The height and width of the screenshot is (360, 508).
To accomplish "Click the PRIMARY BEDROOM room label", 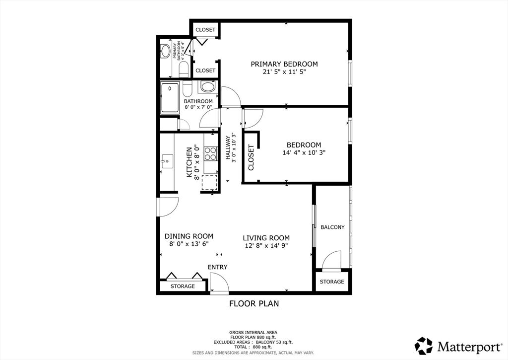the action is (284, 64).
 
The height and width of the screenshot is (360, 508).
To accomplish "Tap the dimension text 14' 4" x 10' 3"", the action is (304, 152).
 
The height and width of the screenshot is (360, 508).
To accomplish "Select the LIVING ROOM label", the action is (266, 238).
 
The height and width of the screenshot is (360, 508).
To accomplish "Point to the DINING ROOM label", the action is (189, 236).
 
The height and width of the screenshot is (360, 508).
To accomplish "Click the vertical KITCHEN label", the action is (189, 162).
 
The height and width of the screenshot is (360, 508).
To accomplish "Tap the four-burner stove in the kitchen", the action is (210, 153).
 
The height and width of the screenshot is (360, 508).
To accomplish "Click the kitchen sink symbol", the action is (167, 160).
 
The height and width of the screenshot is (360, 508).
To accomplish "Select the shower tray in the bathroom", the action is (170, 98).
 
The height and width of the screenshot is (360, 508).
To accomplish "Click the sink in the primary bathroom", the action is (165, 51).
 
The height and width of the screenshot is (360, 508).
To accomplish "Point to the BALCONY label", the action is (332, 227).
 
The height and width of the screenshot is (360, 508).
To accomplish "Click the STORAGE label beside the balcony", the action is (332, 282).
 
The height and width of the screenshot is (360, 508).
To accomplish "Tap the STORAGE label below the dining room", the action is (183, 286).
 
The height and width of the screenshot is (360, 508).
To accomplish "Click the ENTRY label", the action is (217, 267).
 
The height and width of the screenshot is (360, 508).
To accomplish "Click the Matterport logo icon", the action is (424, 346).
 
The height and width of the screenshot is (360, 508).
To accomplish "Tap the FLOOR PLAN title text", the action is (254, 303).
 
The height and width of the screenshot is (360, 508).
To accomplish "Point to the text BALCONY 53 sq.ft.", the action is (274, 342).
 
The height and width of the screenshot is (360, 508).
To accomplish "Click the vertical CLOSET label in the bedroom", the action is (251, 157).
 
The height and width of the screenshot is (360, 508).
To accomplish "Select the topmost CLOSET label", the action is (205, 29).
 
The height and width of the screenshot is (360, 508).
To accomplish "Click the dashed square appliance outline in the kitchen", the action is (210, 182).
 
